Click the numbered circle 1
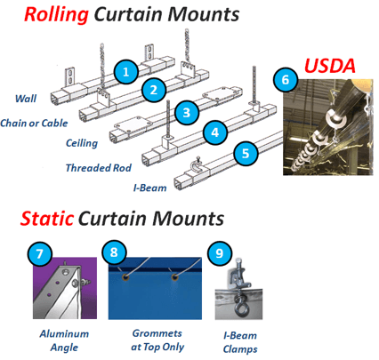pos(126,72)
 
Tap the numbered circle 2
pos(154,90)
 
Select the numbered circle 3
pos(187,113)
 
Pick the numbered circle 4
pos(215,132)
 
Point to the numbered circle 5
pos(246,153)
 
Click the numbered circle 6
pos(286,79)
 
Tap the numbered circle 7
pos(40,253)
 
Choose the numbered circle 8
pos(114,252)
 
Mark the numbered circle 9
pos(220,252)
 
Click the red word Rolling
pos(56,14)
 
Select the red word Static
pos(47,219)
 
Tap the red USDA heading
pos(330,66)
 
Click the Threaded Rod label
pos(99,168)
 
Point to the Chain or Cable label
pos(34,123)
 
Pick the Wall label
pos(26,99)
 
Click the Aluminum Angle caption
pos(64,340)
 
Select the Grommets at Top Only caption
pos(157,340)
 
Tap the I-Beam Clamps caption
pos(240,342)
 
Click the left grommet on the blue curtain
pos(126,277)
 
